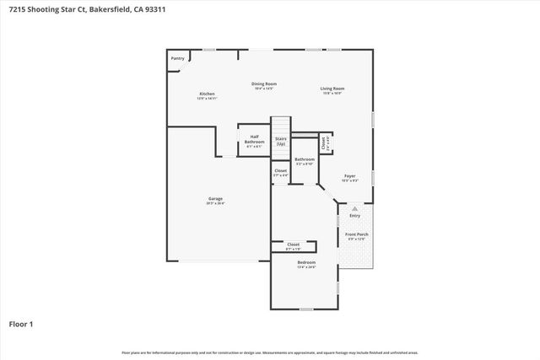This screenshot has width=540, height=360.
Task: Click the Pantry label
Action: coord(178,58)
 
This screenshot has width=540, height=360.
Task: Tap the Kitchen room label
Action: coord(207,94)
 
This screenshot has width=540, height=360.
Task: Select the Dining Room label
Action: coord(264,83)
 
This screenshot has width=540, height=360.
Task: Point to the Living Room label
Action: coord(332,89)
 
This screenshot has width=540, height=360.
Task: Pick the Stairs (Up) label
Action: coord(281,141)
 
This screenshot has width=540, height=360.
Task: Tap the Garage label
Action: coord(215,199)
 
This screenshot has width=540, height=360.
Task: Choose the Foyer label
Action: coord(349,176)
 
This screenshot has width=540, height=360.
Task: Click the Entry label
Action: coord(354,216)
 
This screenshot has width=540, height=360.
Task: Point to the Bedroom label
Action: coord(305,262)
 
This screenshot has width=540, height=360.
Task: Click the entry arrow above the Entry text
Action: coord(354,207)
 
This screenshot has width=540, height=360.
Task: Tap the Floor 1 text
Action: coord(20,323)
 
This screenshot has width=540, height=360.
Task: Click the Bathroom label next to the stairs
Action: coord(305,159)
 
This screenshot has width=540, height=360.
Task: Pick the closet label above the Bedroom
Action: coord(293,244)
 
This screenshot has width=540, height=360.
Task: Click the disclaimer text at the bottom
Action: coord(270,352)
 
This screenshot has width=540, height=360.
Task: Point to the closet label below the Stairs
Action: coord(280,170)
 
